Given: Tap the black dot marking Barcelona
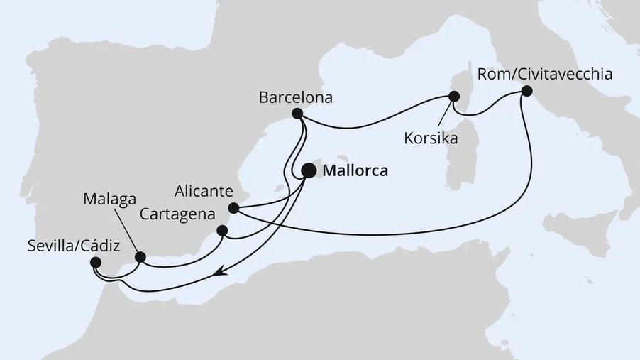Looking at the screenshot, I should pos(298,114).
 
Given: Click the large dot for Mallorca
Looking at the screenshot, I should pos(309,170).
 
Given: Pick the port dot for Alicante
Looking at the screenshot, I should pos(233,209).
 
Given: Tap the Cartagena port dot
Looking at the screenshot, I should pos(222,230).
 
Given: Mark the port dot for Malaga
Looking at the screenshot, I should pos(140,257).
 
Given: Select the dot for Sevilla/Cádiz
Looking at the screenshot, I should pos(96,263).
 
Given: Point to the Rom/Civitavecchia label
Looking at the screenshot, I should pos(546,74).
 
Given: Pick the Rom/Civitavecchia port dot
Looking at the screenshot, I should pos(526,91).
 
